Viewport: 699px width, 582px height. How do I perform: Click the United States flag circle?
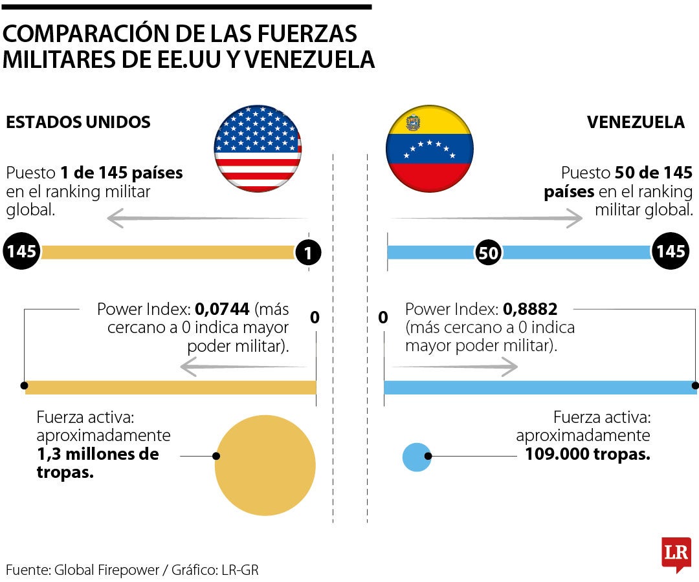click(258, 149)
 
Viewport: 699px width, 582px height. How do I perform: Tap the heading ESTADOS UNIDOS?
click(78, 122)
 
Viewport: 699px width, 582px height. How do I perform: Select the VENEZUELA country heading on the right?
click(636, 122)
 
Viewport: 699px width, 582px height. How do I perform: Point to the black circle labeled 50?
click(489, 253)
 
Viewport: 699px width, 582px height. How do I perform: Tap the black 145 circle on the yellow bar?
click(22, 252)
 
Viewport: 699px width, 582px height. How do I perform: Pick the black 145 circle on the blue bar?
click(671, 252)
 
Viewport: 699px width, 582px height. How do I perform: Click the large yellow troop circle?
click(265, 466)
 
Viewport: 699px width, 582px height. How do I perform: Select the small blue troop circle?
click(416, 457)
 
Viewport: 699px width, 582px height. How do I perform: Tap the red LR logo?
click(676, 553)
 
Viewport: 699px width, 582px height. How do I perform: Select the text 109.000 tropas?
click(587, 454)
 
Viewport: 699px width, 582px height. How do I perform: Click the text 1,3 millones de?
click(98, 454)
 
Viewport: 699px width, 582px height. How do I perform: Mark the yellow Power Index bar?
click(170, 387)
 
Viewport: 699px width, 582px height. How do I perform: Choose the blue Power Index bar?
click(539, 387)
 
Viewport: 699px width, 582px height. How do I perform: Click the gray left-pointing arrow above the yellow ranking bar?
click(207, 219)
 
